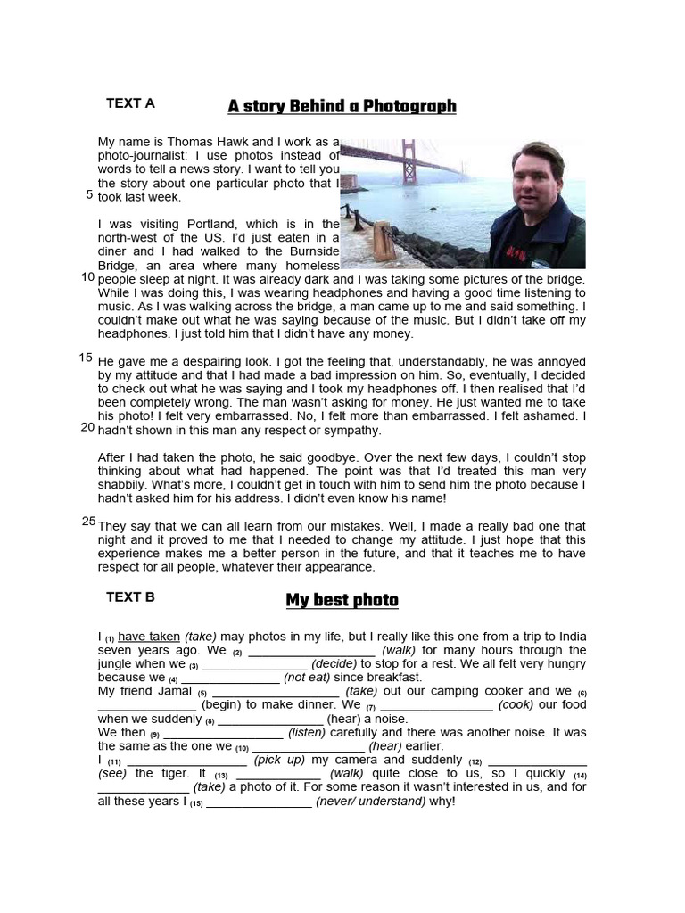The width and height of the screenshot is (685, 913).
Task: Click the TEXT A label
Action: [130, 103]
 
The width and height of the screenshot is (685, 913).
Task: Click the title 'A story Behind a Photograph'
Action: [342, 107]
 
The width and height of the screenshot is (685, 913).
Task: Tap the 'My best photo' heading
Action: [342, 600]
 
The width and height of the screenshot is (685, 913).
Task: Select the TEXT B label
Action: [130, 597]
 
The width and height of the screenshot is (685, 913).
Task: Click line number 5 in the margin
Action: [89, 194]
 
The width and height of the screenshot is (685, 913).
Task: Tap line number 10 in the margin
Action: [87, 277]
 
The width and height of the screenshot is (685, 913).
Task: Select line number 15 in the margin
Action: [86, 358]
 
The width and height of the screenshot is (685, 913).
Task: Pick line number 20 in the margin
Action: [87, 427]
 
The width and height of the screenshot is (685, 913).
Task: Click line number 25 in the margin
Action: [88, 521]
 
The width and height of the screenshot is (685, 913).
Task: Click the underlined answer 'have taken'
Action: [149, 637]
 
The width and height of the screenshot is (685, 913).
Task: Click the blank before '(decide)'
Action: [254, 665]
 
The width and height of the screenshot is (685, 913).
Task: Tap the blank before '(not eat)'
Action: [230, 679]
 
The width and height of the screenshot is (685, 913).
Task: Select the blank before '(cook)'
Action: [436, 706]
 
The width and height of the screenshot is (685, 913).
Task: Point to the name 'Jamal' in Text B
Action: [174, 691]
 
